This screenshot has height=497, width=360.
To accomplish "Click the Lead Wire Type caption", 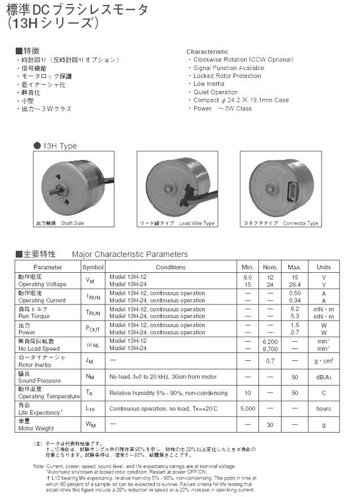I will point(177,223).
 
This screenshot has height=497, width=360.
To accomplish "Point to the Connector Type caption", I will point(280,223).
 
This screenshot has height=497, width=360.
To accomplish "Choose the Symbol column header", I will point(93,267).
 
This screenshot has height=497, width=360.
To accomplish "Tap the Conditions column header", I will point(170,267).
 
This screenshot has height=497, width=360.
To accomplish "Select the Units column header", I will point(324,267).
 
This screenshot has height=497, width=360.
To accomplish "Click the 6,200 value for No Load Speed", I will point(271,342).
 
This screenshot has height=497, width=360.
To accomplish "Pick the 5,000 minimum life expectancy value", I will point(248,408).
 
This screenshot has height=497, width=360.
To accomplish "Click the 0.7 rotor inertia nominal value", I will point(271,360).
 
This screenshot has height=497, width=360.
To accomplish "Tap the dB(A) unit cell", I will point(324,377).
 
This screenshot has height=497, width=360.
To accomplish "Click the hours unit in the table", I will point(324,408).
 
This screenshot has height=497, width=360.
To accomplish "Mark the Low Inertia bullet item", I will point(209,84).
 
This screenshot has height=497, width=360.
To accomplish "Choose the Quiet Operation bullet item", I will point(216,92).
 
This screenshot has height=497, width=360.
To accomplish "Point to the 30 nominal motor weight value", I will point(271,424).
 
